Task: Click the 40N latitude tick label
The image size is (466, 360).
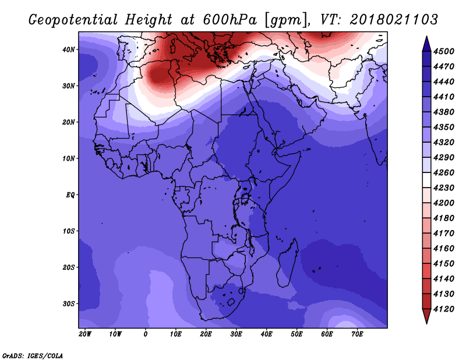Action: click(x=69, y=50)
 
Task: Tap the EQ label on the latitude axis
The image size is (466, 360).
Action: click(x=70, y=195)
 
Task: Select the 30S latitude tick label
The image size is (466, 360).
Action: click(x=69, y=304)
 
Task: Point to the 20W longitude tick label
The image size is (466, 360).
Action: click(x=85, y=334)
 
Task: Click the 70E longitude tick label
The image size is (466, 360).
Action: click(x=357, y=334)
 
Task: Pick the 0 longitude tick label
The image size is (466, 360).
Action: click(x=145, y=334)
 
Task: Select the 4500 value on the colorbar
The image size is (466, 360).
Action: click(x=444, y=51)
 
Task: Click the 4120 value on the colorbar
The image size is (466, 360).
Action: click(x=444, y=309)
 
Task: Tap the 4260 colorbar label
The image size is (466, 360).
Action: click(x=444, y=172)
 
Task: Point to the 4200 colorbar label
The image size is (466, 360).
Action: click(x=444, y=203)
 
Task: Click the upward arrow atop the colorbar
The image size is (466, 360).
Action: click(x=426, y=44)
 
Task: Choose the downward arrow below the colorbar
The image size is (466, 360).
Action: click(x=426, y=316)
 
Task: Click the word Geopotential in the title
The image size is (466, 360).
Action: click(x=73, y=20)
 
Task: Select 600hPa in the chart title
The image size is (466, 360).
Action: click(x=230, y=20)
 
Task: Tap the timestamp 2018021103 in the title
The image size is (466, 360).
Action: click(x=394, y=20)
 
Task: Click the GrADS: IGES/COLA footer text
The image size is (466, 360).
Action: click(x=33, y=356)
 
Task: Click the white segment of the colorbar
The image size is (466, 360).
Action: click(x=426, y=180)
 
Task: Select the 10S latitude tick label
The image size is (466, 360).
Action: click(x=69, y=231)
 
